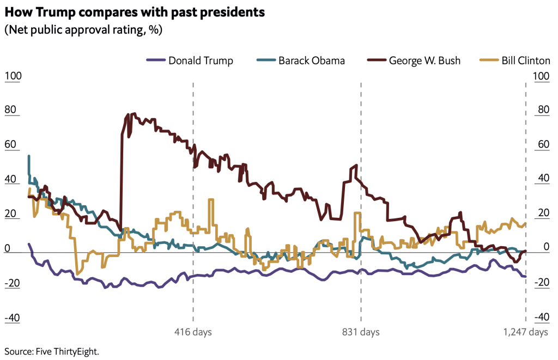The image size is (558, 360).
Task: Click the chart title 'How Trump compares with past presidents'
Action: click(135, 13)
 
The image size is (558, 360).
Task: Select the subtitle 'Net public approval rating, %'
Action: click(83, 29)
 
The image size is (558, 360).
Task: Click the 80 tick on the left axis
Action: click(10, 110)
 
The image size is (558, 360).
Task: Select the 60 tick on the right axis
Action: click(543, 144)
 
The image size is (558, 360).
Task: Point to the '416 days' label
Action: click(193, 332)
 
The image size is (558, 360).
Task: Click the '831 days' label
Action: click(361, 332)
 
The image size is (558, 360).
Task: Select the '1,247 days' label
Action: click(525, 332)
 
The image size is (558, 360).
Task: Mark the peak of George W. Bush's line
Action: click(128, 114)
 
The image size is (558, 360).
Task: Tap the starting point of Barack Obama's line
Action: click(29, 156)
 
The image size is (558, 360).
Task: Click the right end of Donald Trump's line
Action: click(525, 277)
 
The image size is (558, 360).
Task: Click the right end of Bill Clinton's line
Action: click(525, 223)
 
